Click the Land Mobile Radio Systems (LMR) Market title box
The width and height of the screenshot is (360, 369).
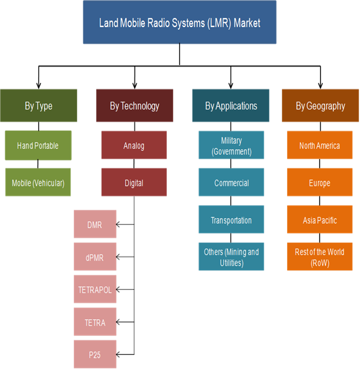tap(180, 23)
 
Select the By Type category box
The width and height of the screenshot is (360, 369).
tap(39, 106)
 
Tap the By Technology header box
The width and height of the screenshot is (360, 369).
tap(134, 106)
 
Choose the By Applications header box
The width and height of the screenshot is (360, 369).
tap(231, 106)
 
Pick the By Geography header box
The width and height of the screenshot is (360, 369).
tap(320, 106)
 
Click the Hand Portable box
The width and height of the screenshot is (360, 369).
tap(38, 145)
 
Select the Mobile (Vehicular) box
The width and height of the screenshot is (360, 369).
tap(38, 182)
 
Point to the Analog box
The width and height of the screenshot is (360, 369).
tap(134, 145)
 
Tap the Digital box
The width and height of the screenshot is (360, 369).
tap(134, 182)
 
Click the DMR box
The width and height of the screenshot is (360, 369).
tap(95, 224)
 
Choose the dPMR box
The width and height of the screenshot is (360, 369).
tap(95, 257)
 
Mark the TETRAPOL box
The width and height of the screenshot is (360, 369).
tap(95, 289)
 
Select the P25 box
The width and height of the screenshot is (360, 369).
tap(95, 354)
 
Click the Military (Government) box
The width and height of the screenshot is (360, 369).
tap(231, 145)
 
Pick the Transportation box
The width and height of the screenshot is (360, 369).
tap(231, 220)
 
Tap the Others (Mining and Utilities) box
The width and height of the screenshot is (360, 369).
tap(231, 257)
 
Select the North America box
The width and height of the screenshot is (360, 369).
tap(319, 145)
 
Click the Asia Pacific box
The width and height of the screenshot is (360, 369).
tap(319, 220)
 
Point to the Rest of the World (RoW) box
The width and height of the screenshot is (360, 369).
tap(319, 257)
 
